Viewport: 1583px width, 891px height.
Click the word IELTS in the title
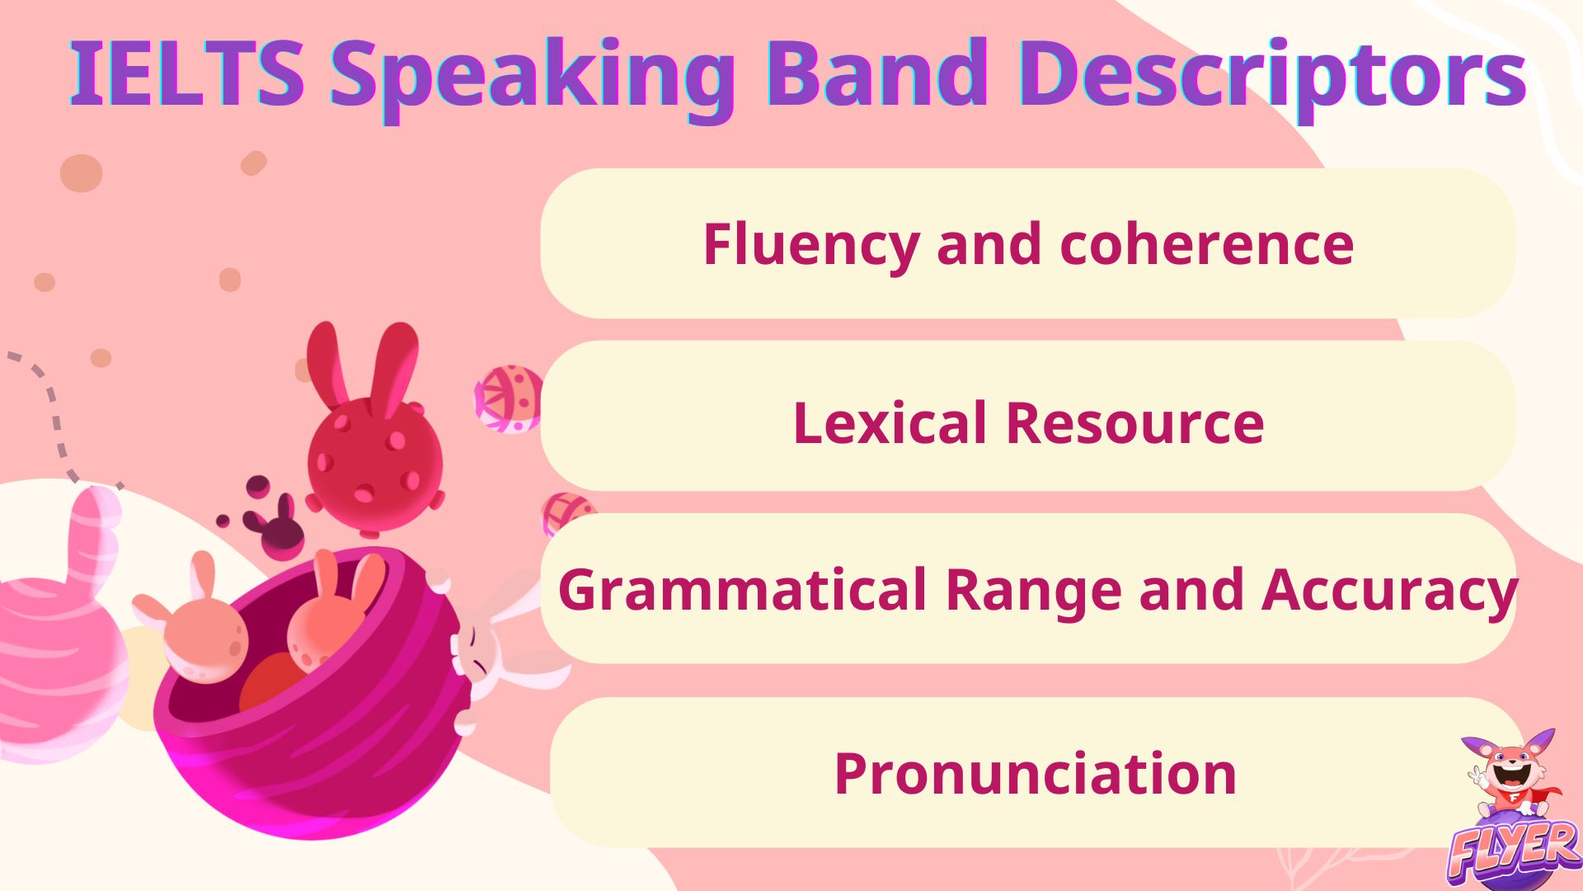(x=188, y=74)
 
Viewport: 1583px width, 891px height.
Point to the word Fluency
(x=810, y=245)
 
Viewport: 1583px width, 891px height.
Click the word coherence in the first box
(x=1206, y=245)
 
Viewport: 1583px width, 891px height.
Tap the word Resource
(x=1135, y=423)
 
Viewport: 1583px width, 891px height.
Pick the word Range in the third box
(x=1032, y=591)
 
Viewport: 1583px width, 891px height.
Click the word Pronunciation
(x=1036, y=774)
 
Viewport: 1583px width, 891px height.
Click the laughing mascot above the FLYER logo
(x=1510, y=771)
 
